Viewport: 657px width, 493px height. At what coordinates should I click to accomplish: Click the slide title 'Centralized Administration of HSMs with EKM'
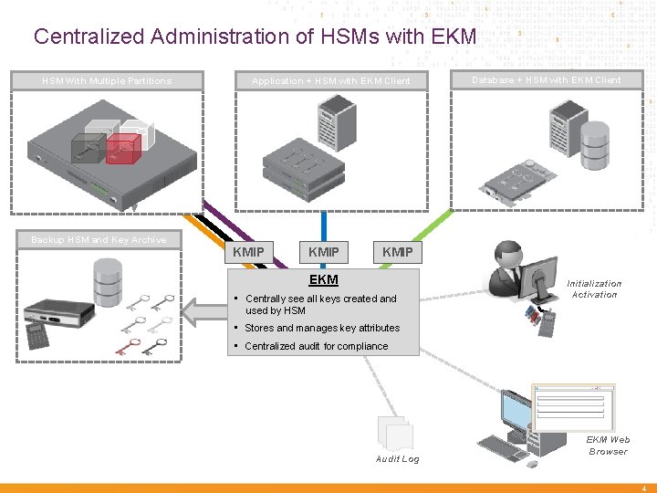[255, 37]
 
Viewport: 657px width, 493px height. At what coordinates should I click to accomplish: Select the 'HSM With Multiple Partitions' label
[107, 81]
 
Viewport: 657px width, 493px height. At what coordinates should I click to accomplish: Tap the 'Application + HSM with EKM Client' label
[330, 81]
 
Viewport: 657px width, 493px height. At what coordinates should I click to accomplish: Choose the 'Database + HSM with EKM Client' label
[546, 80]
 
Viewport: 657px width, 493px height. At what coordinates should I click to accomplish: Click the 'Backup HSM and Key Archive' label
[99, 240]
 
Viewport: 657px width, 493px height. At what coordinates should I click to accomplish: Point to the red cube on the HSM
[122, 149]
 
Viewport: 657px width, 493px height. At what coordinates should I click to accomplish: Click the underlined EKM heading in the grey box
[323, 279]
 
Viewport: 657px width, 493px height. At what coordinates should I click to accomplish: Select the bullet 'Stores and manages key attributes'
[321, 328]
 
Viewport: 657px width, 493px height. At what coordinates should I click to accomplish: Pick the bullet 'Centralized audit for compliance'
[316, 346]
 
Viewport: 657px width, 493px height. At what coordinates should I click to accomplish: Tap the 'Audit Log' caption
[397, 459]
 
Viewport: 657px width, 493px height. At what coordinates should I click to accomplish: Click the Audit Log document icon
[395, 433]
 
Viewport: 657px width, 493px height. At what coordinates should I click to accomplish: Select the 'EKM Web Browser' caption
[608, 446]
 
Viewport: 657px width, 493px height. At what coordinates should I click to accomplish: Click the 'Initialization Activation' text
[594, 288]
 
